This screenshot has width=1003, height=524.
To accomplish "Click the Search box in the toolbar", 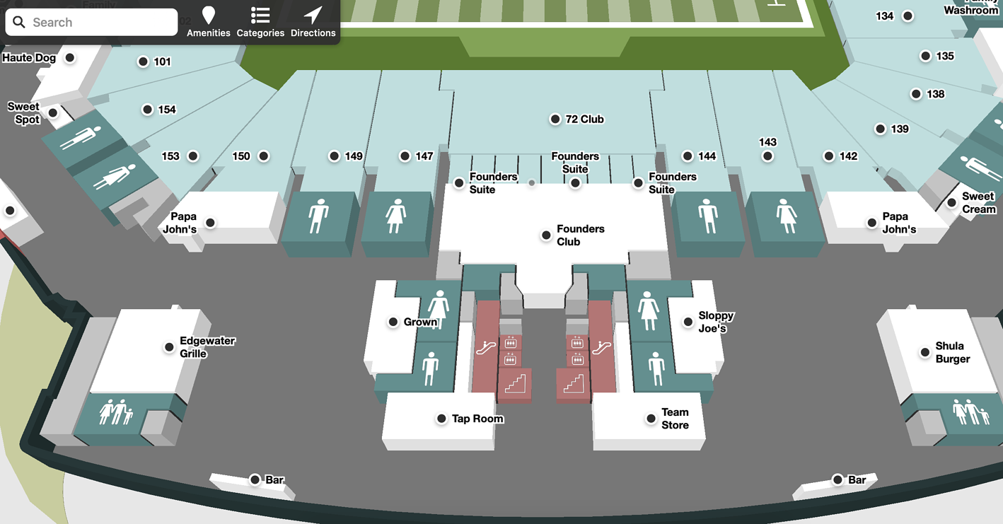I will [x=92, y=23].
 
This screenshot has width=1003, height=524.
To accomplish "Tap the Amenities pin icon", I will [x=208, y=15].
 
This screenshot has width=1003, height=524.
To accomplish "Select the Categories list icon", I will [x=260, y=15].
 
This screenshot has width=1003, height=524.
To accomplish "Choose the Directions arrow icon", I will [x=313, y=15].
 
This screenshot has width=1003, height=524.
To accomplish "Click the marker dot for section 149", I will [x=334, y=156].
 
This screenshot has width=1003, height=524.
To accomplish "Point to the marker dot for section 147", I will [x=405, y=156].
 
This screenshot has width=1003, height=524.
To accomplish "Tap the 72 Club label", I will [x=585, y=120].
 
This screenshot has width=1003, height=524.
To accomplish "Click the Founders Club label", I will [x=580, y=235].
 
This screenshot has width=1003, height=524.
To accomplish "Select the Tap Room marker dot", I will [x=441, y=419].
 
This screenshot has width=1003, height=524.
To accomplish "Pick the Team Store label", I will [x=675, y=419].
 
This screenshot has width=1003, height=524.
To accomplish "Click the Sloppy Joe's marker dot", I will [x=688, y=322].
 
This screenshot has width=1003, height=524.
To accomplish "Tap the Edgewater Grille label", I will [x=207, y=347].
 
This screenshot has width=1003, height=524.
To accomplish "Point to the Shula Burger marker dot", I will [x=924, y=352].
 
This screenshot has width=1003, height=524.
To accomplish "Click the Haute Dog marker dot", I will [x=70, y=58].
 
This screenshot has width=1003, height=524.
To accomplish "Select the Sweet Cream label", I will [x=978, y=203].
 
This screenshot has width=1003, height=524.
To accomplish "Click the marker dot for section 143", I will [x=767, y=156].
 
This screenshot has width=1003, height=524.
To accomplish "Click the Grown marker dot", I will [x=393, y=322].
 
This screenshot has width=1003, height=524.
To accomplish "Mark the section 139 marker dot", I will [x=880, y=129].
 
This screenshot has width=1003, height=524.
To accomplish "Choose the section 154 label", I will [x=167, y=110].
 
